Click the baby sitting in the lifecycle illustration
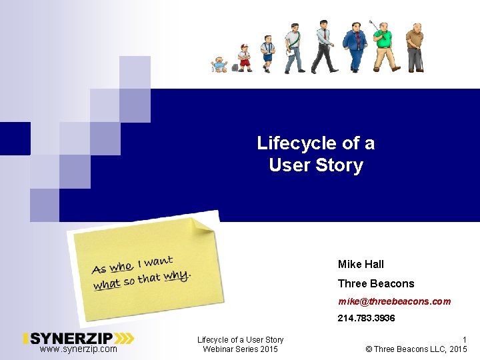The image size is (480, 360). [x=219, y=65]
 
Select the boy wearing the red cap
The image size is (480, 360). [x=245, y=57]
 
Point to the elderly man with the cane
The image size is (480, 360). [x=415, y=47]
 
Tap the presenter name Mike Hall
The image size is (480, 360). [x=361, y=265]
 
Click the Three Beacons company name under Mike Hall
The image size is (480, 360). [x=375, y=283]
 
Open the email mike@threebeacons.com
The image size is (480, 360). [x=394, y=301]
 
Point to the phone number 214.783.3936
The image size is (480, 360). [x=366, y=319]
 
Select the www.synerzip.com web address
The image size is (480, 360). [x=78, y=349]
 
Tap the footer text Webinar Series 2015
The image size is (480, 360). [x=240, y=349]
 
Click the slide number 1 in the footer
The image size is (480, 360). [x=464, y=340]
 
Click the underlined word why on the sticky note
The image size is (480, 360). [x=177, y=275]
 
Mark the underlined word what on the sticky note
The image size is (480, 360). [x=107, y=285]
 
